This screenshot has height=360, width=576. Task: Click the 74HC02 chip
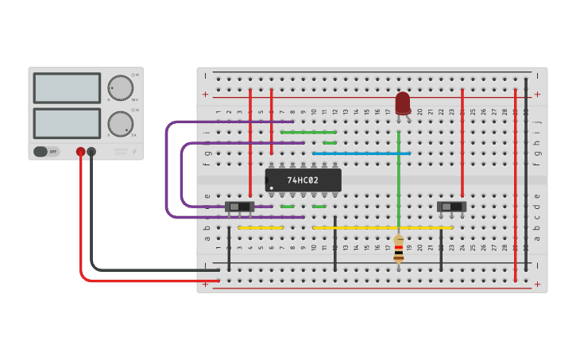pyautogui.click(x=303, y=180)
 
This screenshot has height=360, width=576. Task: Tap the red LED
pyautogui.click(x=403, y=103)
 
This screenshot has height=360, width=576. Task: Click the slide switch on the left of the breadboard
pyautogui.click(x=239, y=207)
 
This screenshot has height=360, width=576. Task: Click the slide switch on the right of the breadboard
pyautogui.click(x=451, y=207)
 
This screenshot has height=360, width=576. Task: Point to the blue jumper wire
pyautogui.click(x=361, y=153)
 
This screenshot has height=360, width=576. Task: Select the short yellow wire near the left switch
pyautogui.click(x=261, y=228)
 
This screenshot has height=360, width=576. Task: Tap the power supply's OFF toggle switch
pyautogui.click(x=46, y=151)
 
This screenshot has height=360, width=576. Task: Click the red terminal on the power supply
pyautogui.click(x=80, y=151)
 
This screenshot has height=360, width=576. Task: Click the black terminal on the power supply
pyautogui.click(x=91, y=151)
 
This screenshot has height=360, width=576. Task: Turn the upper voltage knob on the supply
pyautogui.click(x=120, y=87)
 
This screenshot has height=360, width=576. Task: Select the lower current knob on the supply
pyautogui.click(x=120, y=123)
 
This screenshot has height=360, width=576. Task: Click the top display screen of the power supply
pyautogui.click(x=67, y=88)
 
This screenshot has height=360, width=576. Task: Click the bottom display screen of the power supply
pyautogui.click(x=67, y=123)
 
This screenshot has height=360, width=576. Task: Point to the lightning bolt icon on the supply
pyautogui.click(x=134, y=151)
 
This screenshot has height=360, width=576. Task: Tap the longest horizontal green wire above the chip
pyautogui.click(x=308, y=132)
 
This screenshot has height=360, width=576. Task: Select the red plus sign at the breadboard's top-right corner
pyautogui.click(x=537, y=95)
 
